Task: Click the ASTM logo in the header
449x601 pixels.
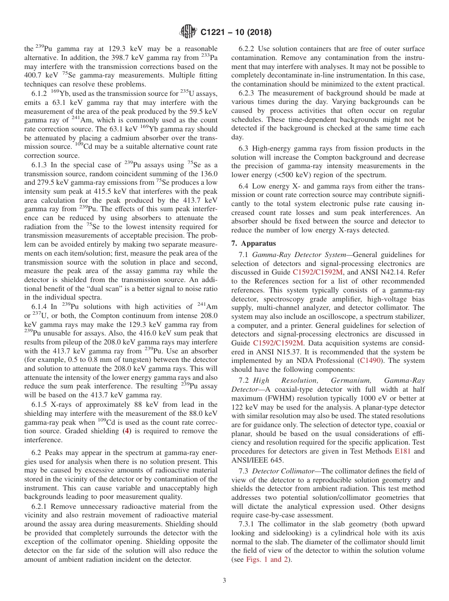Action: click(188, 32)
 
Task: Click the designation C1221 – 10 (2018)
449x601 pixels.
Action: click(235, 33)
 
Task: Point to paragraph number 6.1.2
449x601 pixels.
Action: click(39, 94)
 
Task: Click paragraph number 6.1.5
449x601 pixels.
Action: click(39, 405)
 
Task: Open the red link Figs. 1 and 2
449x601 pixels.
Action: click(268, 560)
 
